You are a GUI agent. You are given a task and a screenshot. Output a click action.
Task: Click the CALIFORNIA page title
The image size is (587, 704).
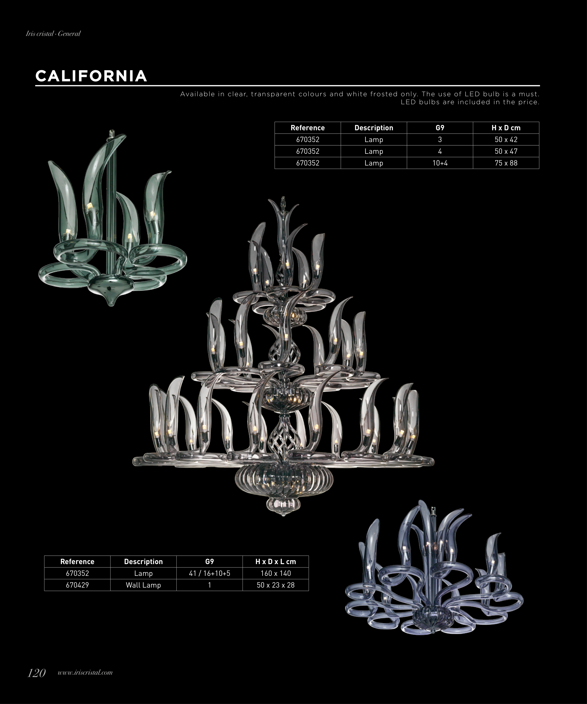click(91, 76)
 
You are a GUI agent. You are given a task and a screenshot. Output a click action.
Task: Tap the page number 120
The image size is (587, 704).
click(36, 673)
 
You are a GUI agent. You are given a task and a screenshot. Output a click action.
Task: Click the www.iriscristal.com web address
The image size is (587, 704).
click(85, 673)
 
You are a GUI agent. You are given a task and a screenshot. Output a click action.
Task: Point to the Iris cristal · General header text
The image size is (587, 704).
click(53, 34)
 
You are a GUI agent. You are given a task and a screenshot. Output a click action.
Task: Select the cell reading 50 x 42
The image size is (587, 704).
click(506, 139)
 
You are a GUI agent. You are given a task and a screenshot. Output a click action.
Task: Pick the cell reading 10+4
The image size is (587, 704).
click(440, 163)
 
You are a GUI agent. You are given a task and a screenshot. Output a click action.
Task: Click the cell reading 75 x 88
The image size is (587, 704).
click(506, 163)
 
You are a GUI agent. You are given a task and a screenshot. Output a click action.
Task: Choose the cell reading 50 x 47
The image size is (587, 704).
click(506, 151)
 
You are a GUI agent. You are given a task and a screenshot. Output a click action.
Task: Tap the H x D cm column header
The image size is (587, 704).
click(506, 128)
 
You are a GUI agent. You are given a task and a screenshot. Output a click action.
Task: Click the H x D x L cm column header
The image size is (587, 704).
click(275, 562)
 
